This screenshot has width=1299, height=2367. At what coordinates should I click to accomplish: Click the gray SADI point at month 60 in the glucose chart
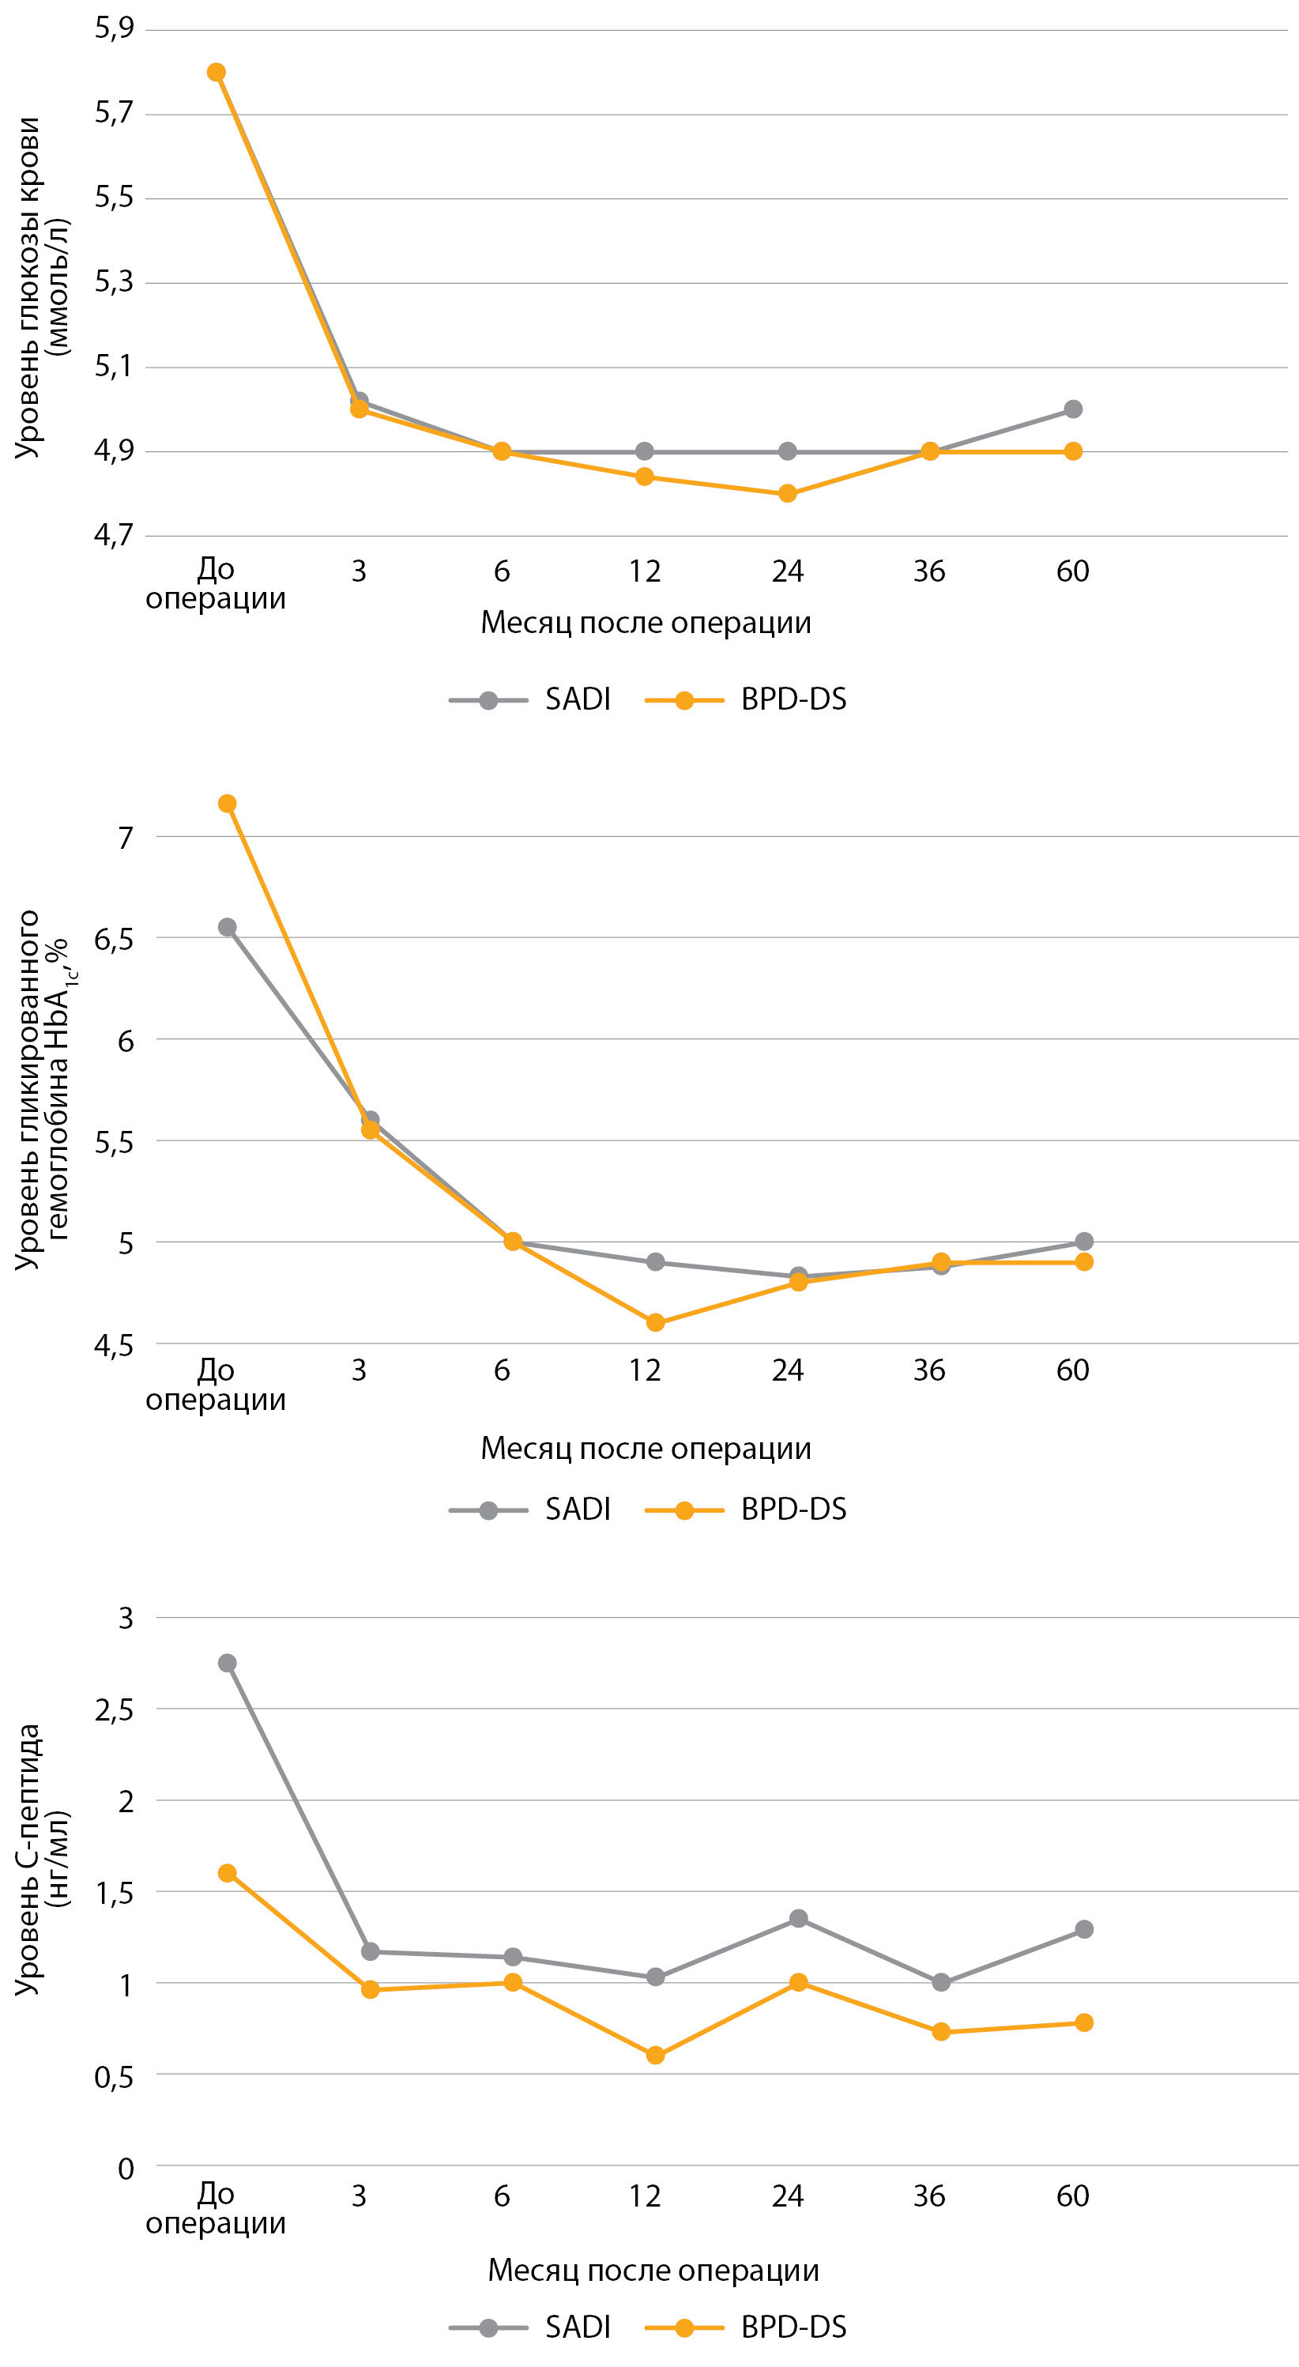tap(1072, 409)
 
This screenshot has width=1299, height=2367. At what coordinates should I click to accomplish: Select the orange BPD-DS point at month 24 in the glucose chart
tap(787, 493)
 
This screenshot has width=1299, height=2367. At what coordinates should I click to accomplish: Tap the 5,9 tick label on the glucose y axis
tap(114, 28)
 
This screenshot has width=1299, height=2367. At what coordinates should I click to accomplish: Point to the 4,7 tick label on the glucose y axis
tap(114, 535)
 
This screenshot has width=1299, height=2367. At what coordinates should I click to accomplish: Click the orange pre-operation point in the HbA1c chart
tap(227, 804)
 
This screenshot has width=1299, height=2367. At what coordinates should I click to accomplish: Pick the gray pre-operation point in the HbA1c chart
tap(227, 927)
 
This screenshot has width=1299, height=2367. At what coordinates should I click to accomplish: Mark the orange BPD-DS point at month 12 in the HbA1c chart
tap(655, 1322)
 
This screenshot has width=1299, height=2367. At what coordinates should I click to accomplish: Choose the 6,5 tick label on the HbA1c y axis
tap(114, 939)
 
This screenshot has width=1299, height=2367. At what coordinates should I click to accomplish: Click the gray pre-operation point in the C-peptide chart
tap(227, 1663)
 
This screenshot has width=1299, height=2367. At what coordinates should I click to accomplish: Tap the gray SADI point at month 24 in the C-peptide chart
tap(798, 1919)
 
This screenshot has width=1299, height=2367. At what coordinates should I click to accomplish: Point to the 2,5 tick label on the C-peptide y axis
tap(114, 1710)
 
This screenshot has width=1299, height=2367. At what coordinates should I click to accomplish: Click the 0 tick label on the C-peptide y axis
tap(126, 2169)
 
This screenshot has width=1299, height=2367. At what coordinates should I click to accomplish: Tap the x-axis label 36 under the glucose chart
tap(928, 571)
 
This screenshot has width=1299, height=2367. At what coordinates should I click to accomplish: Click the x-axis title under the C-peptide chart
tap(653, 2270)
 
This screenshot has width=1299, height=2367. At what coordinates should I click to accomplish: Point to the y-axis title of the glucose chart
tap(40, 287)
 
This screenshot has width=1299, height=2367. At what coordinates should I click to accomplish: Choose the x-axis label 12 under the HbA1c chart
tap(644, 1370)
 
